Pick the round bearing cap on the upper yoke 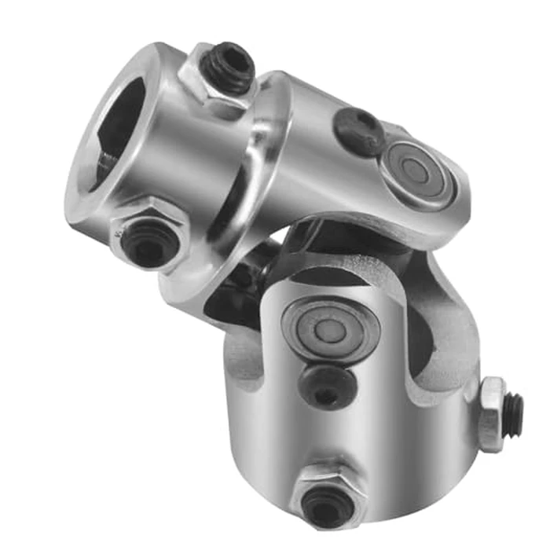click(416, 173)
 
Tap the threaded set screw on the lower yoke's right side click(515, 409)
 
